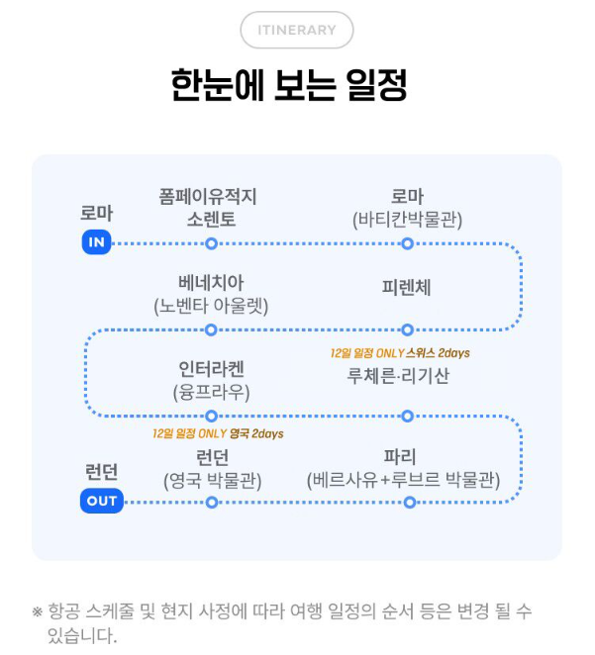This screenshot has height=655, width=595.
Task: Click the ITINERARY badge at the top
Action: pyautogui.click(x=296, y=30)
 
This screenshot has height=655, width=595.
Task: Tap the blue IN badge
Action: pyautogui.click(x=96, y=242)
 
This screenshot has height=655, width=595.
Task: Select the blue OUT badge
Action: pyautogui.click(x=101, y=501)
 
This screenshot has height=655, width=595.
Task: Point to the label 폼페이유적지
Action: pyautogui.click(x=211, y=196)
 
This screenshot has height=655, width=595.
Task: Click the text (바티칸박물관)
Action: pyautogui.click(x=406, y=220)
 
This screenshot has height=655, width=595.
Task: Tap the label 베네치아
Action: pyautogui.click(x=211, y=282)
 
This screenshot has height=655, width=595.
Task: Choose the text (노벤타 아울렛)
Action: pyautogui.click(x=211, y=306)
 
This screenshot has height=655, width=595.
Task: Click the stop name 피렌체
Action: pyautogui.click(x=406, y=288)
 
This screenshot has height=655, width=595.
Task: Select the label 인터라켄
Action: pyautogui.click(x=211, y=369)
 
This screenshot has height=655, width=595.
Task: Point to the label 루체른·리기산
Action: pyautogui.click(x=398, y=375)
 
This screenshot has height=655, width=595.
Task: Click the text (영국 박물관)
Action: pyautogui.click(x=211, y=481)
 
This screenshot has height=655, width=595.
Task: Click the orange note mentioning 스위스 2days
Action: pyautogui.click(x=400, y=353)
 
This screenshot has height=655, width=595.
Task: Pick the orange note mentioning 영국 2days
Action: pyautogui.click(x=218, y=433)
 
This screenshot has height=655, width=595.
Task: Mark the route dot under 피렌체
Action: pyautogui.click(x=406, y=329)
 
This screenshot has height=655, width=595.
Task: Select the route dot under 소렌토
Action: pyautogui.click(x=211, y=242)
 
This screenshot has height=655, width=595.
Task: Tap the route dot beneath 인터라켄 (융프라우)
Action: pyautogui.click(x=211, y=416)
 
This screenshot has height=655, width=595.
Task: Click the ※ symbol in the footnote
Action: pyautogui.click(x=38, y=611)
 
